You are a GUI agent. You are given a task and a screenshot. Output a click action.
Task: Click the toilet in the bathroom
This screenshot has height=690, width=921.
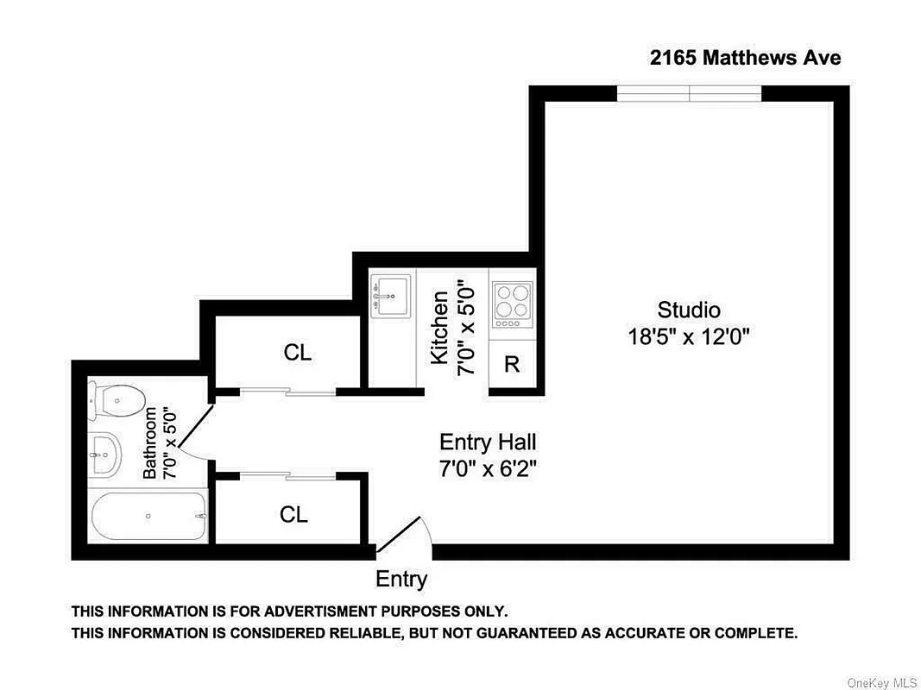[x=117, y=401]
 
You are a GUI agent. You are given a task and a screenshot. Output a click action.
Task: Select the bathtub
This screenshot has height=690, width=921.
[x=148, y=516]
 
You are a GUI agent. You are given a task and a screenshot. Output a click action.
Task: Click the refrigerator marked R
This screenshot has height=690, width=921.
[x=512, y=364]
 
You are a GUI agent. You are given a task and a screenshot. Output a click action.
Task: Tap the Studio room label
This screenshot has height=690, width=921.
[x=688, y=310]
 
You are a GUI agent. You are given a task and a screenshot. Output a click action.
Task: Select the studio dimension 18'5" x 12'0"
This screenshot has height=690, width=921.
[x=688, y=336]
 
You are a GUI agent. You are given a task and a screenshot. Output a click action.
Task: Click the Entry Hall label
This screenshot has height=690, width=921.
[x=488, y=442]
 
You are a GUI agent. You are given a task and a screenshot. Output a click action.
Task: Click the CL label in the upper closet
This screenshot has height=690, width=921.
[x=297, y=352]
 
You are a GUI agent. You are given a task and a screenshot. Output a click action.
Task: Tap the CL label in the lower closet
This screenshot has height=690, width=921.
[x=293, y=514]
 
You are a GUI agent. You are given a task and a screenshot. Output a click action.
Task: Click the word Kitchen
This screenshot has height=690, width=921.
[x=440, y=328]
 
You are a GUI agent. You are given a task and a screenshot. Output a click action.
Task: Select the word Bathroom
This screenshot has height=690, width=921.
[x=151, y=442]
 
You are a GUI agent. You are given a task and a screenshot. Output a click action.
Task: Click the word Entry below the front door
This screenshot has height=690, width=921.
[x=401, y=579]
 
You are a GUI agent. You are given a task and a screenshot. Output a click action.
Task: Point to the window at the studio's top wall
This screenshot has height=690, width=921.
[x=689, y=93]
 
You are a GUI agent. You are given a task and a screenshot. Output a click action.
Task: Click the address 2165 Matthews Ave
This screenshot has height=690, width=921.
[x=745, y=58]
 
